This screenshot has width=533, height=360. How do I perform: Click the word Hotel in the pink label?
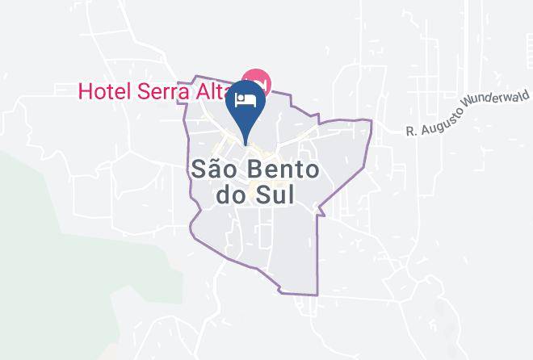click(x=102, y=90)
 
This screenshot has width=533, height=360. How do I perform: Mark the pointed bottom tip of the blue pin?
click(x=246, y=146)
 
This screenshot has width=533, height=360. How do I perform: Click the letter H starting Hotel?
click(x=85, y=90)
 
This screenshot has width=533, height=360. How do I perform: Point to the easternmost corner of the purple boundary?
click(x=371, y=121)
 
